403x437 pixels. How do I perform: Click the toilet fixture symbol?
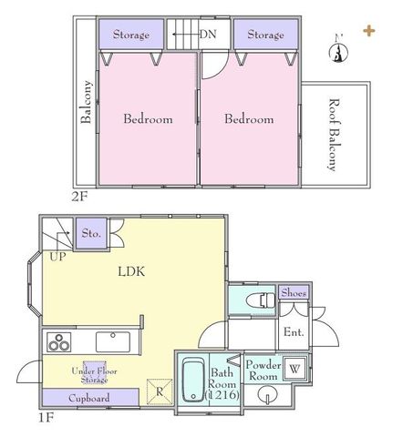(261, 300)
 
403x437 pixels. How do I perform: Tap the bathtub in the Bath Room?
(193, 380)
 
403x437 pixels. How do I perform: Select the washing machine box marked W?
(294, 369)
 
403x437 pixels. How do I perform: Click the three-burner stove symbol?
(59, 342)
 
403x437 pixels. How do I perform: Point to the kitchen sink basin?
(113, 342)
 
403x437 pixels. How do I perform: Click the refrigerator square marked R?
(160, 391)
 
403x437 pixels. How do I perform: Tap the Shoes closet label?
(294, 292)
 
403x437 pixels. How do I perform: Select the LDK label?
(131, 271)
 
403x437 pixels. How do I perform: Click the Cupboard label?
(89, 398)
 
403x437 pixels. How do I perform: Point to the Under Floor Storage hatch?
(95, 372)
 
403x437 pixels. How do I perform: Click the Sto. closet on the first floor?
(91, 233)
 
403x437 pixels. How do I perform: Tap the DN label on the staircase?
(208, 34)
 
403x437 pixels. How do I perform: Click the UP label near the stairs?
(57, 257)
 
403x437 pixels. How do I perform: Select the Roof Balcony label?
(335, 135)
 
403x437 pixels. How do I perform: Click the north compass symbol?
(338, 50)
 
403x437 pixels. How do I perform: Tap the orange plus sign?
(369, 31)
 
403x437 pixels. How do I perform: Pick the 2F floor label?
(79, 197)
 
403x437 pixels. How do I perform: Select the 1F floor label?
(46, 418)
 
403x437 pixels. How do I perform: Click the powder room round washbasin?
(267, 395)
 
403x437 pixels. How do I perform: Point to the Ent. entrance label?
(294, 331)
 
